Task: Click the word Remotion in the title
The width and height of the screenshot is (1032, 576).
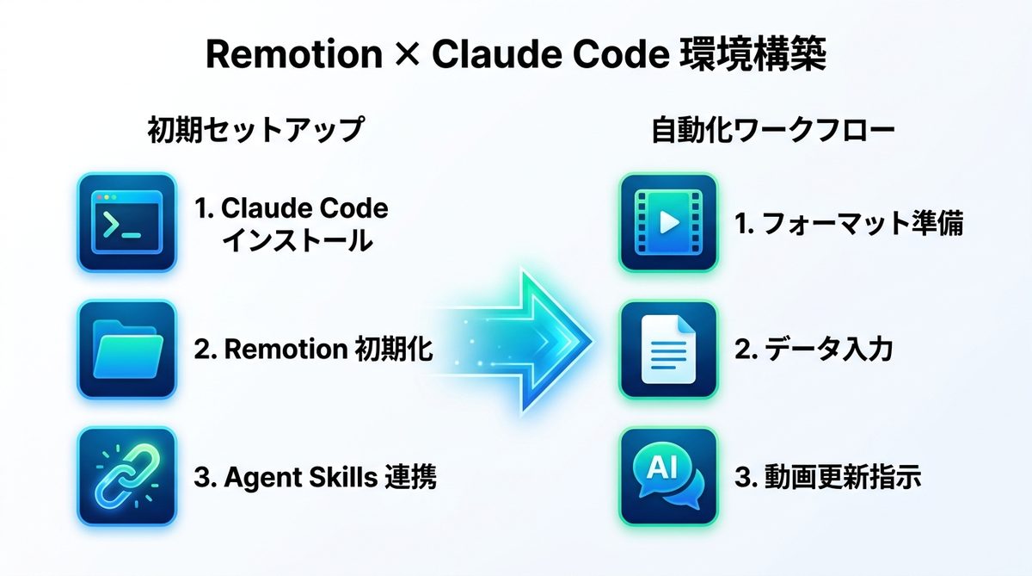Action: click(293, 56)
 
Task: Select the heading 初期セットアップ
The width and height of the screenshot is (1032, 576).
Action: click(255, 130)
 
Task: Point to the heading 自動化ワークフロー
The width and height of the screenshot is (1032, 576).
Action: click(773, 130)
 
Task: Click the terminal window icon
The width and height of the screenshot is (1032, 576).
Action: click(126, 223)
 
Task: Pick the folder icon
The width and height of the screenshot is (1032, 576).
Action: click(126, 350)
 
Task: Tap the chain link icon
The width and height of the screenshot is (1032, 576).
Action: click(126, 476)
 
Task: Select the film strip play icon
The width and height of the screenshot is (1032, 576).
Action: click(667, 223)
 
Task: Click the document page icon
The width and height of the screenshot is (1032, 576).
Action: click(667, 350)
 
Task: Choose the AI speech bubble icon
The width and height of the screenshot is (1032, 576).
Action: click(667, 476)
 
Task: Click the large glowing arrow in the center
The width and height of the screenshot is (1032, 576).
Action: click(525, 342)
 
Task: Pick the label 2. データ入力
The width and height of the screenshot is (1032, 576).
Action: click(814, 350)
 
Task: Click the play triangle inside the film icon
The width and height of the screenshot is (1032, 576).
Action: click(668, 223)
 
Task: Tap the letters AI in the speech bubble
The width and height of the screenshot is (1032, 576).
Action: click(660, 466)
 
